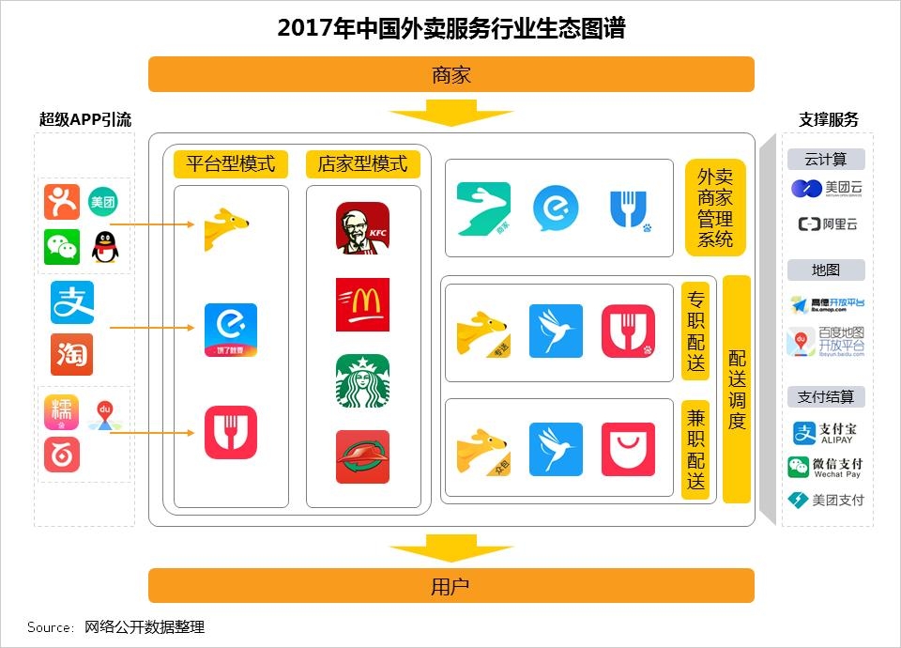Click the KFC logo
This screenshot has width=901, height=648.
362,228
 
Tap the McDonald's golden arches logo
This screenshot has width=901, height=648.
362,304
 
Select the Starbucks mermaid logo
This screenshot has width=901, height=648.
362,381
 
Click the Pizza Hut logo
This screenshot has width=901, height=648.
362,456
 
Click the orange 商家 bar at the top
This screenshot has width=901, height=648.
450,74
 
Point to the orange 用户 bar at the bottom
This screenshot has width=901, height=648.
450,586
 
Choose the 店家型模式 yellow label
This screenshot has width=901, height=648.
362,164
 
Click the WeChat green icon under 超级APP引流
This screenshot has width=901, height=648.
62,247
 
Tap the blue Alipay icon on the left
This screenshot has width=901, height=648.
72,303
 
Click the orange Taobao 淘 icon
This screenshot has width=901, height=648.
72,354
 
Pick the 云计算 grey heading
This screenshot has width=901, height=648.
825,159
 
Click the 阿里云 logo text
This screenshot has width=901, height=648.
827,224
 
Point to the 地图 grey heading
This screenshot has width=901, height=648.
825,270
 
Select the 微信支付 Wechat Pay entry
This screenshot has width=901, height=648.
826,467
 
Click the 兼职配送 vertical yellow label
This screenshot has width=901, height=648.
695,448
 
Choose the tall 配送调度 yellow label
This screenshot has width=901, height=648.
737,389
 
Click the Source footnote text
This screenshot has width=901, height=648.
115,627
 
